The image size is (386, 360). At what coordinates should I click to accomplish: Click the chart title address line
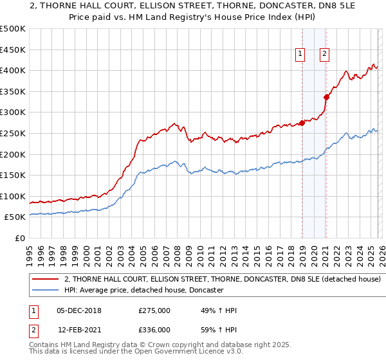pos(193,6)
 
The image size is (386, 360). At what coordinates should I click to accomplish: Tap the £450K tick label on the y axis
pos(13,50)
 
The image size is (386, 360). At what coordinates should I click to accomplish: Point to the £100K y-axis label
pos(13,197)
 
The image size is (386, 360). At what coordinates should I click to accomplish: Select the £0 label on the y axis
pos(19,239)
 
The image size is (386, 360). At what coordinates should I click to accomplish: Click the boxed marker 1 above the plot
pos(300,55)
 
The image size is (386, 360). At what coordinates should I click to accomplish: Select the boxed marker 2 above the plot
pos(324,55)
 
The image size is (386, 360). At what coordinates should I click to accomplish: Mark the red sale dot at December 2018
pos(302,123)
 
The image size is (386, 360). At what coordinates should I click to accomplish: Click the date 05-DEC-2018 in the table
pos(78,310)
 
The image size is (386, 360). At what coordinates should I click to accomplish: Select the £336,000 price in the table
pos(154,330)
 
